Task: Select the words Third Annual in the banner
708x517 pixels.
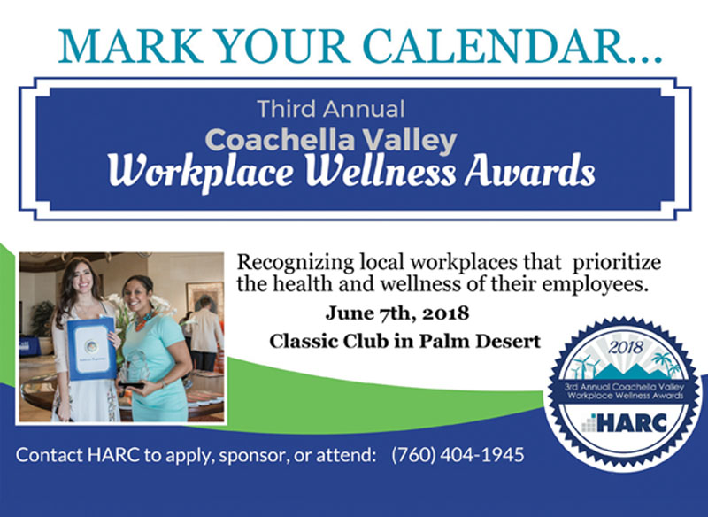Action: [330, 109]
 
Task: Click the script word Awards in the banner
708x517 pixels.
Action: [529, 171]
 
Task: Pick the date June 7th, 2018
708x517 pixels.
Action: [397, 313]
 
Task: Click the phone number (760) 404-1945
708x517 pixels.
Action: [458, 454]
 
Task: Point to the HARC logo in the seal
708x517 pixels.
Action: [625, 423]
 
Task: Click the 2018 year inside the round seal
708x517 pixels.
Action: [626, 347]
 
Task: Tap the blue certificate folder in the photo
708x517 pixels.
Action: [91, 348]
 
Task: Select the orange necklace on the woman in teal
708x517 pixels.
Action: [145, 320]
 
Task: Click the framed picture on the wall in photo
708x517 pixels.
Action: [204, 299]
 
